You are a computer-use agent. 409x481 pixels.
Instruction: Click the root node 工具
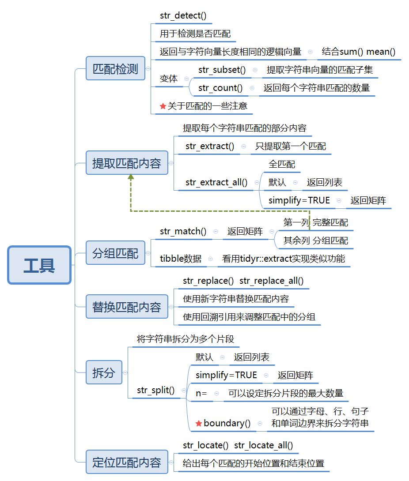point(39,265)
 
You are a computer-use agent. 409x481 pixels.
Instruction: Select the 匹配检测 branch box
point(115,68)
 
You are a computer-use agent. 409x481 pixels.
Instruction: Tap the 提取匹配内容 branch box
point(127,163)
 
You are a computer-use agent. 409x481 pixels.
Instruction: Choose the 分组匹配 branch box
point(115,253)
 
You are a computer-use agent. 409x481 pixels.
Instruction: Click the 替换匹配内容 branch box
point(127,307)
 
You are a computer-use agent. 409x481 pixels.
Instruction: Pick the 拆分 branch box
point(104,372)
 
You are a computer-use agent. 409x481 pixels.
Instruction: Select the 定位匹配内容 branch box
point(127,462)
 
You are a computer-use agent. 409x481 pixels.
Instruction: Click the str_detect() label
point(183,15)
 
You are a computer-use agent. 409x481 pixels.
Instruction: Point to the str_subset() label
point(222,70)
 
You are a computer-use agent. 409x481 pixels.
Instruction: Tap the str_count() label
point(220,88)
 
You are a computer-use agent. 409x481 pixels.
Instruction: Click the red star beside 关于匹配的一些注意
point(163,106)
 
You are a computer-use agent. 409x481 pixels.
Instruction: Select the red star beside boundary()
point(199,423)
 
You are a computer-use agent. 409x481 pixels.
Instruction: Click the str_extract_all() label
point(216,183)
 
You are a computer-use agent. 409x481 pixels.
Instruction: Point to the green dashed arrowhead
point(131,177)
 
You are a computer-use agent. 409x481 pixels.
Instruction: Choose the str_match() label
point(183,231)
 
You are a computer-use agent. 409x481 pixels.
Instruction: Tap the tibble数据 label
point(181,259)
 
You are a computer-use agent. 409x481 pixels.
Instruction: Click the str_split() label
point(155,390)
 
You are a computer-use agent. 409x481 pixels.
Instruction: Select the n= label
point(201,393)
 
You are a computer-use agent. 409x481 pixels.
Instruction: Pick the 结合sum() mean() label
point(359,52)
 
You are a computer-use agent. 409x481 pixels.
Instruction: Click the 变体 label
point(169,79)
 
